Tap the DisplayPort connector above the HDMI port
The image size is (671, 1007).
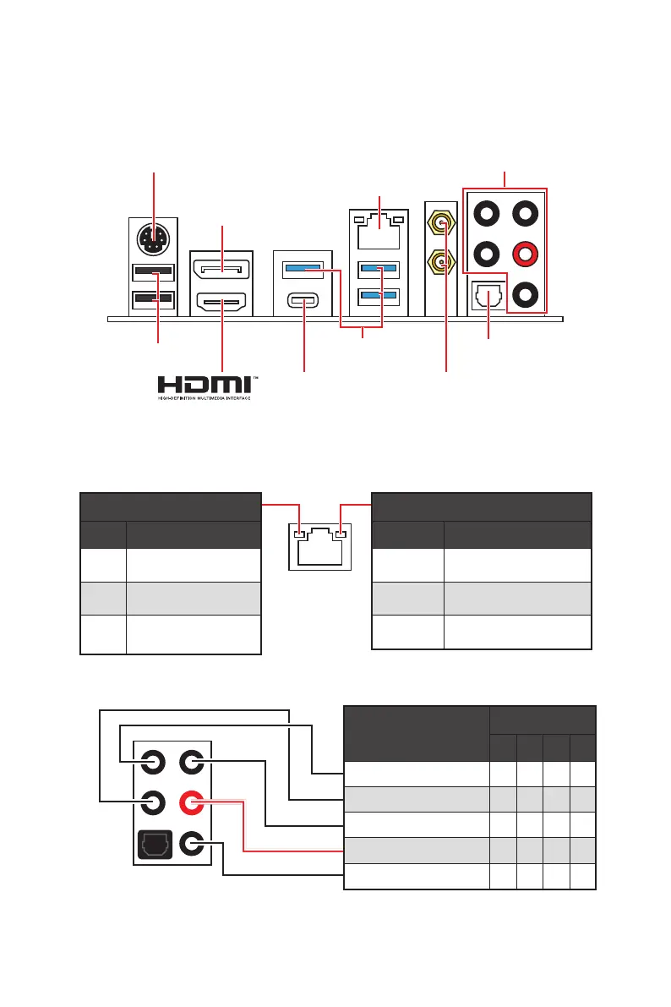click(221, 269)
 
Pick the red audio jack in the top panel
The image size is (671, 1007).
click(526, 253)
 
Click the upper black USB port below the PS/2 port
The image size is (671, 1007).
click(153, 272)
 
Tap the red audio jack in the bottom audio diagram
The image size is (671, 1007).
click(192, 801)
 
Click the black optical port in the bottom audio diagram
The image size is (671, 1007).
click(153, 843)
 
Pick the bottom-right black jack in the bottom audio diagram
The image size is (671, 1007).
click(192, 843)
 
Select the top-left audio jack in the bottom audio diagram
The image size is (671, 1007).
click(153, 762)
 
